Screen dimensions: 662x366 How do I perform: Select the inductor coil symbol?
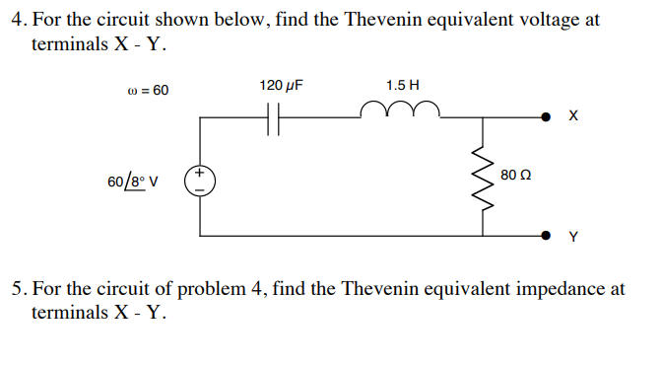click(x=395, y=109)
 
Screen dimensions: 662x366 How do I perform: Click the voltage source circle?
click(x=201, y=181)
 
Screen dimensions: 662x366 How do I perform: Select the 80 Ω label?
click(x=515, y=176)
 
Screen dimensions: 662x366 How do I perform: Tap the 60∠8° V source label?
click(x=136, y=182)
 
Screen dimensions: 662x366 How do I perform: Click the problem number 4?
click(x=17, y=20)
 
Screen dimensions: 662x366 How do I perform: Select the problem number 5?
click(x=17, y=289)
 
